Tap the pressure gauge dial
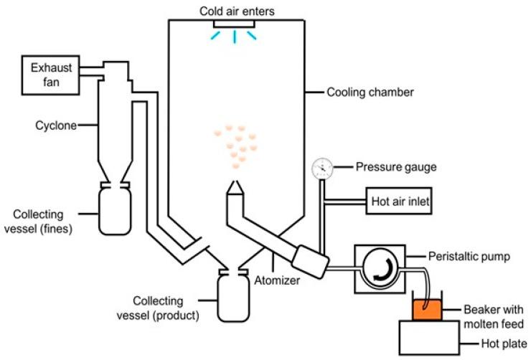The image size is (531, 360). point(322,169)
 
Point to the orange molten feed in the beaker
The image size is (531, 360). point(427,310)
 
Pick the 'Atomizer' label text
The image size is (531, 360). point(278,280)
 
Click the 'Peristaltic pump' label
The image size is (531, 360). point(467,255)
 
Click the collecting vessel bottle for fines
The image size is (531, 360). point(115,211)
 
